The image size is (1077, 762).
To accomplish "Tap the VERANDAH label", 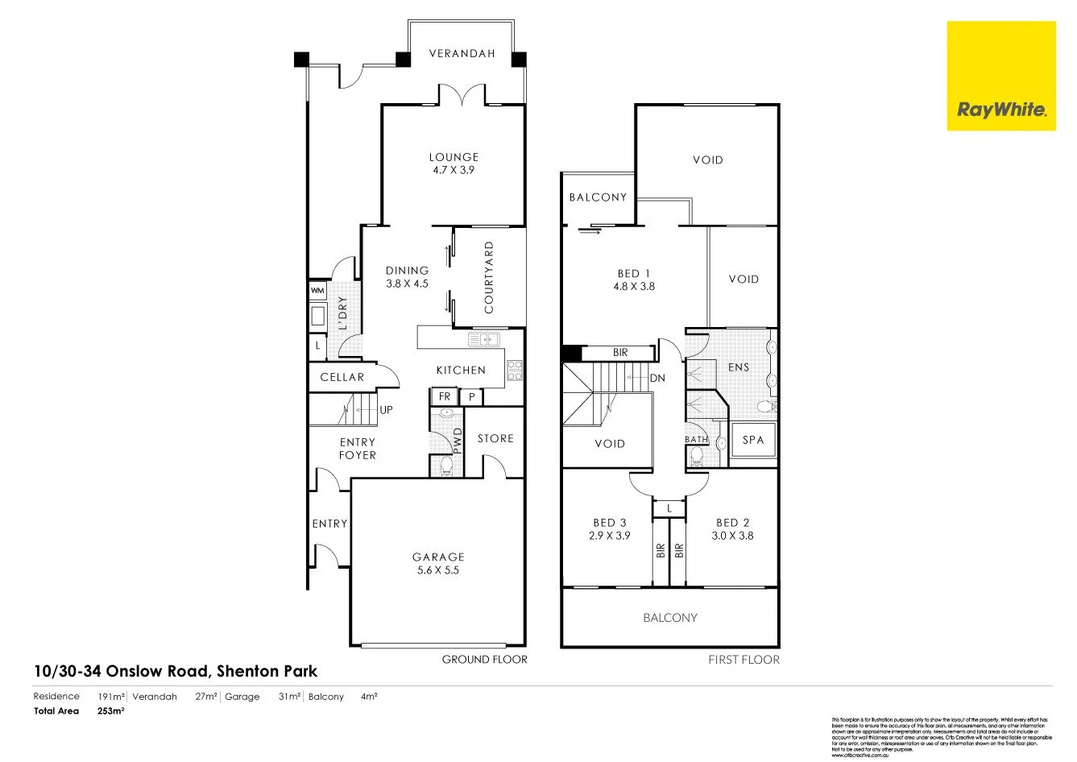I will [462, 54].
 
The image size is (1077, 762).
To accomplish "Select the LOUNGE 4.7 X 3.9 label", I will [454, 164].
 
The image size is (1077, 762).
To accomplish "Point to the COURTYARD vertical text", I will [489, 277].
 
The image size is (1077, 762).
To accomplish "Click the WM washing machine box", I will [317, 290].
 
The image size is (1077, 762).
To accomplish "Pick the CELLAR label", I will [342, 377].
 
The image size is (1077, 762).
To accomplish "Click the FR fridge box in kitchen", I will [445, 396].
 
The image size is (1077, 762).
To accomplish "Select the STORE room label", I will [495, 438].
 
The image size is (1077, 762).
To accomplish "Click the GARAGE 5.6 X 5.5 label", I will [438, 563].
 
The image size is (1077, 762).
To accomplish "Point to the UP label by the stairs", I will [387, 410].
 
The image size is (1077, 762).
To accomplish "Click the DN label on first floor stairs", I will [657, 378].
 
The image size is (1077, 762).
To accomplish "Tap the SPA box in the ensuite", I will [753, 440].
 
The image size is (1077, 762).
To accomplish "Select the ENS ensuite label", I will [739, 367].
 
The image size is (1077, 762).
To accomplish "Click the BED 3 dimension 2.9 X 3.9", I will [610, 536].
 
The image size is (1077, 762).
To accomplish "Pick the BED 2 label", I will [732, 523].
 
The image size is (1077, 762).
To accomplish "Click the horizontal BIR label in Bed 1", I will [619, 353].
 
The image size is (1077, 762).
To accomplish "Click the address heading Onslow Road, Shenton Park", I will [176, 671].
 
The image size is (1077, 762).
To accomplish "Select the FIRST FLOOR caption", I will [744, 660].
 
